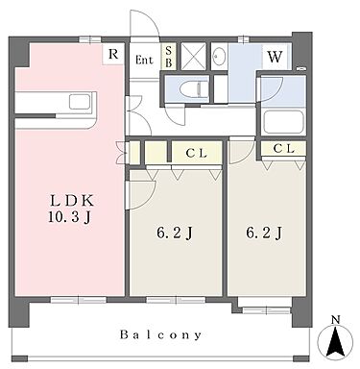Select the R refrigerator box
pos(114,55)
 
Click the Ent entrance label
pos(144,59)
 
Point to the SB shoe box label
pos(169,55)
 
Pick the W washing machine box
pos(274,56)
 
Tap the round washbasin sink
pos(218,57)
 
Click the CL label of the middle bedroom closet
pos(196,151)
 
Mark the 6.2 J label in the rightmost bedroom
pos(264,232)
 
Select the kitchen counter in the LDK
pos(53,102)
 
